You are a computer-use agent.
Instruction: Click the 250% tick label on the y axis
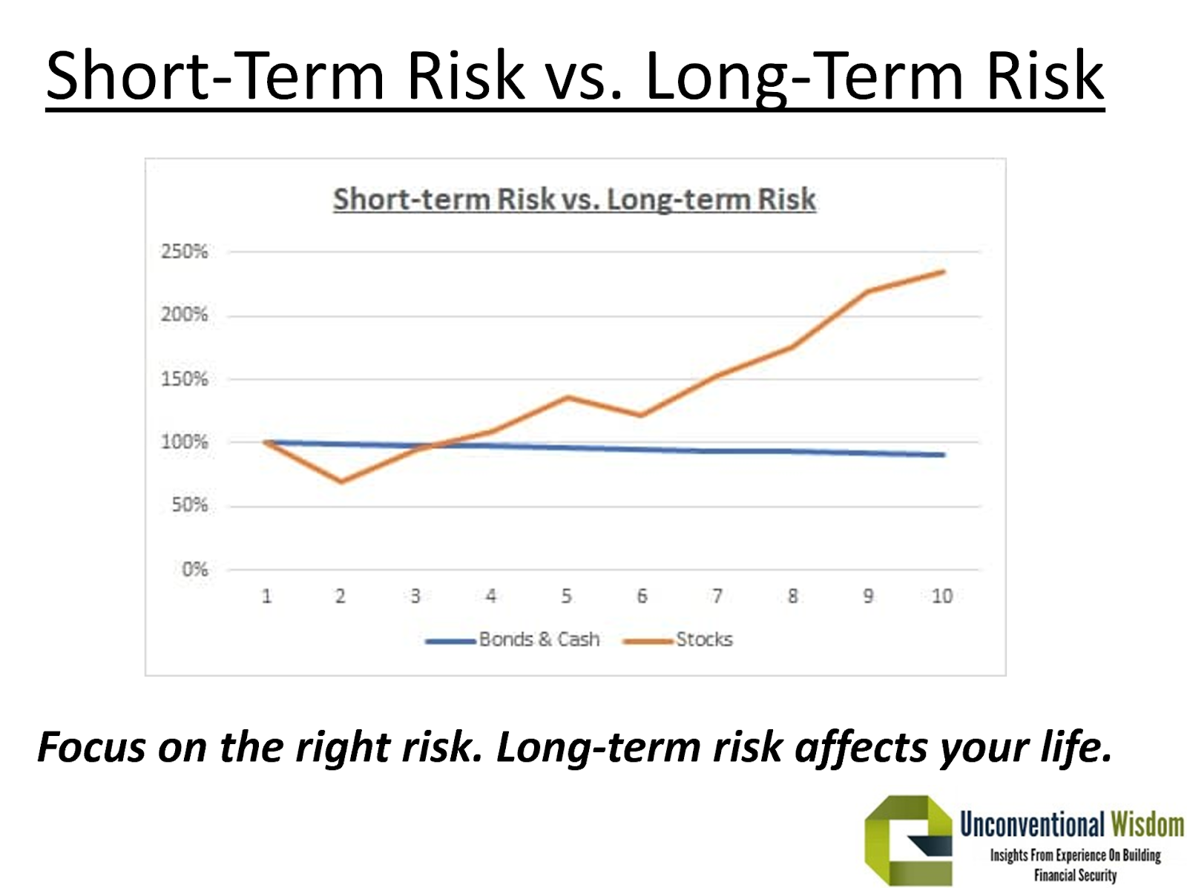(184, 251)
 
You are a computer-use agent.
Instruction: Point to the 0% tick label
(194, 569)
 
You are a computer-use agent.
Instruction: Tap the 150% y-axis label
(184, 378)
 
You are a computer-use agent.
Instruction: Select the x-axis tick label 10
(941, 596)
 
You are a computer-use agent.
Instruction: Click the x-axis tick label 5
(566, 596)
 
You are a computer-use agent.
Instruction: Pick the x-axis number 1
(266, 596)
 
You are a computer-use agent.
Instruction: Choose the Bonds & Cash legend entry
(513, 639)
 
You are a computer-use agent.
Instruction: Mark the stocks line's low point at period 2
(341, 481)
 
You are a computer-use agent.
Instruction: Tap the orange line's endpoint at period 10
(943, 272)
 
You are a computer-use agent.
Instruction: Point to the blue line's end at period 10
(943, 455)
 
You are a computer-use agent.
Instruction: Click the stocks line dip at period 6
(642, 415)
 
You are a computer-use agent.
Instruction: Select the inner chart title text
(574, 199)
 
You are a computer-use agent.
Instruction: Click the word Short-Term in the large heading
(215, 75)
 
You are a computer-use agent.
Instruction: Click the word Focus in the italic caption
(91, 747)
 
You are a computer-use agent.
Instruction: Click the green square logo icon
(909, 841)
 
